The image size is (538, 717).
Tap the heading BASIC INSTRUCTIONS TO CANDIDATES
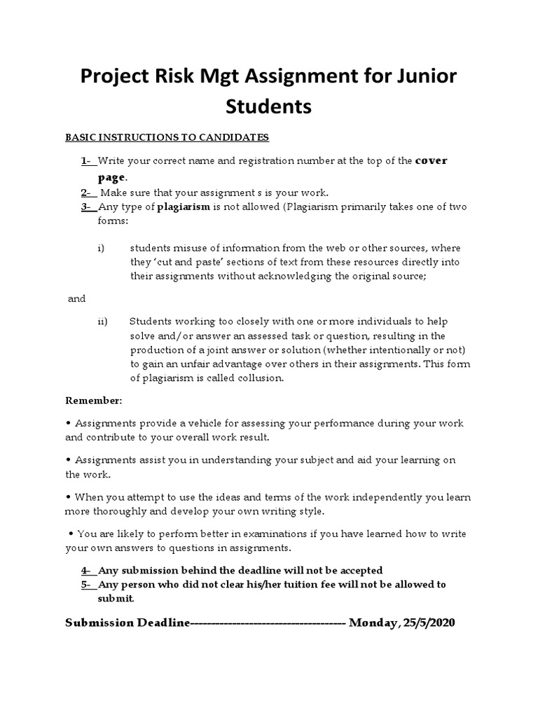pyautogui.click(x=167, y=137)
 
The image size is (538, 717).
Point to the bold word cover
pyautogui.click(x=432, y=161)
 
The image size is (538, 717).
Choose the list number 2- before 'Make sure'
pyautogui.click(x=88, y=193)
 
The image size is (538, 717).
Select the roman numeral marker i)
pyautogui.click(x=101, y=249)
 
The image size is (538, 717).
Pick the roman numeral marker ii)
pyautogui.click(x=102, y=321)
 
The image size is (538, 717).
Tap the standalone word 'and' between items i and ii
pyautogui.click(x=76, y=299)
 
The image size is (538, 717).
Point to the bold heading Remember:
pyautogui.click(x=94, y=401)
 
